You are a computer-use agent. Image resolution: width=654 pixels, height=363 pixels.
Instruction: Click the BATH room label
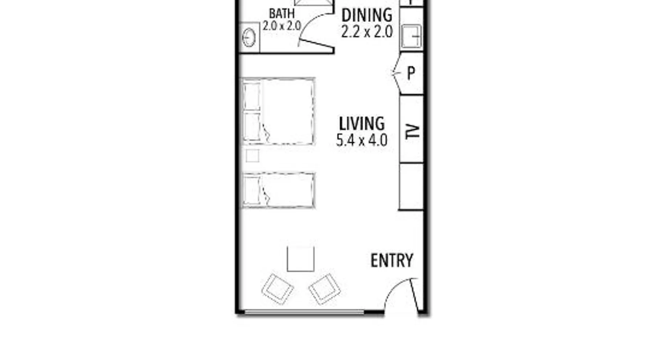[282, 13]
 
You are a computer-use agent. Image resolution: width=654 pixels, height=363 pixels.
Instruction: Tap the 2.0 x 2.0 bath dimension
[282, 26]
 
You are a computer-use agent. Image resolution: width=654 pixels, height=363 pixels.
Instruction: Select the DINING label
[367, 15]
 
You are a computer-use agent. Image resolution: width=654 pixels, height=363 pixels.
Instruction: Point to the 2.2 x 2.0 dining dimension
[367, 32]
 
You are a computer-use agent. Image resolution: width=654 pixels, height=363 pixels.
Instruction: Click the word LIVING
[362, 124]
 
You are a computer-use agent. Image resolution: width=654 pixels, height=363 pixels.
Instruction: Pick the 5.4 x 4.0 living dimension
[362, 140]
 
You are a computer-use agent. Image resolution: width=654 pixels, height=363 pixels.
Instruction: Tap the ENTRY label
[392, 260]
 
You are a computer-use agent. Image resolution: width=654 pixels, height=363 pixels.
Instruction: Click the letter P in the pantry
[411, 73]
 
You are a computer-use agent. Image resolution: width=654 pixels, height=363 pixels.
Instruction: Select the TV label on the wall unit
[412, 131]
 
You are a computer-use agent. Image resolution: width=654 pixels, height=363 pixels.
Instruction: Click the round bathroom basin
[249, 37]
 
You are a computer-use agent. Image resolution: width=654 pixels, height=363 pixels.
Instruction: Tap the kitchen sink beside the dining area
[412, 36]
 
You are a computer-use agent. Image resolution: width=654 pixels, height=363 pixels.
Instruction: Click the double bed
[278, 111]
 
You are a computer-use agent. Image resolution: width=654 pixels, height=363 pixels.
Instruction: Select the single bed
[278, 190]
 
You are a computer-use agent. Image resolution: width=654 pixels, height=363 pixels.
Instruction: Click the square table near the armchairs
[300, 259]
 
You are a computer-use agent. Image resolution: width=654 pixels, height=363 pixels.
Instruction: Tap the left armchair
[278, 289]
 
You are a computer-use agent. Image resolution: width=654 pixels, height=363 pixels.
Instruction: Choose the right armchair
[324, 289]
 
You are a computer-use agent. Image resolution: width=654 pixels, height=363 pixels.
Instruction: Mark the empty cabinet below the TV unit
[411, 186]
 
